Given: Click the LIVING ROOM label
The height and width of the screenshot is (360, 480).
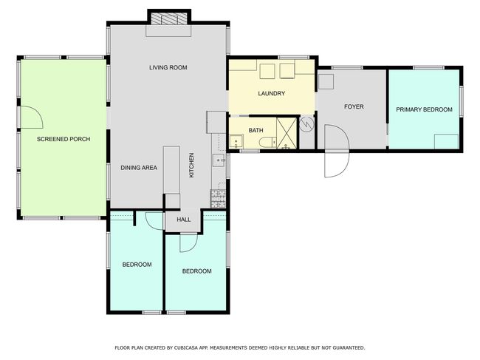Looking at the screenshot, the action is (x=168, y=67).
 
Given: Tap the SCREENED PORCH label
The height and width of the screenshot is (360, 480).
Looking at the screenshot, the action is (x=64, y=139).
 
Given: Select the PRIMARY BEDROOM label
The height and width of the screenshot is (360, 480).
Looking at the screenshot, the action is (x=424, y=109).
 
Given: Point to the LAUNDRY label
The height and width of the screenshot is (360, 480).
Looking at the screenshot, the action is (x=271, y=93).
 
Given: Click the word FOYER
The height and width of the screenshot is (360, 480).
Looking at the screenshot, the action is (x=354, y=106).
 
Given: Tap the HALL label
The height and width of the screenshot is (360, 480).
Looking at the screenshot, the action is (x=184, y=220).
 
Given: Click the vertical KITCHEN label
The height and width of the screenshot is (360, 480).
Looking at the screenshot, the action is (x=192, y=166).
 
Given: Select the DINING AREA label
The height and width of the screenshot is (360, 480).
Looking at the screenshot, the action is (x=139, y=168).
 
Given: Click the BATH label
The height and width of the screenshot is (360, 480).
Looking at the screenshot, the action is (x=256, y=130).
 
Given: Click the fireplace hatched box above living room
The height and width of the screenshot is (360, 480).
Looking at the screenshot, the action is (x=170, y=18).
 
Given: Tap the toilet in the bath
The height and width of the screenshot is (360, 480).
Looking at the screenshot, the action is (x=267, y=143).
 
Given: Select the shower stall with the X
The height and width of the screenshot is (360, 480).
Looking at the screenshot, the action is (x=287, y=133).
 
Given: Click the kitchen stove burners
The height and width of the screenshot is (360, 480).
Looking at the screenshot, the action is (x=219, y=199).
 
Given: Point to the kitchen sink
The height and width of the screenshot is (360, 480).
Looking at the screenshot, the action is (x=219, y=160).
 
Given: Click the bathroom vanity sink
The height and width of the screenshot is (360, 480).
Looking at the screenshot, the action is (x=236, y=142).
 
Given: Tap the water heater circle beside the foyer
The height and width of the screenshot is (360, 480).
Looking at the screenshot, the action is (x=306, y=124).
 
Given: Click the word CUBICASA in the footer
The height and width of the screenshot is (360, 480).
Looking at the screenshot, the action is (x=185, y=347).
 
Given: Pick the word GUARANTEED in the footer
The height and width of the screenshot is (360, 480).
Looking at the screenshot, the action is (x=349, y=347).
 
